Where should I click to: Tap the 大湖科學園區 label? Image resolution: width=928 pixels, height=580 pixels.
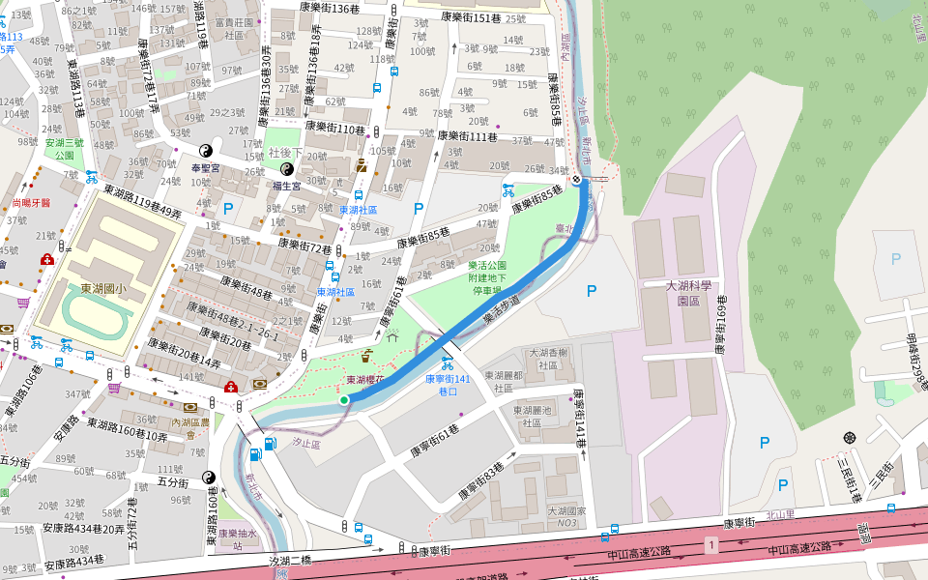point(689,293)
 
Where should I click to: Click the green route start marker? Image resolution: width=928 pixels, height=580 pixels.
point(344,399)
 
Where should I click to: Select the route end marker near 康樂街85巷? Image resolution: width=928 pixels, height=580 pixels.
point(577,179)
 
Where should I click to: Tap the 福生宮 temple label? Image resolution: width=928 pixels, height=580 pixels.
point(287,185)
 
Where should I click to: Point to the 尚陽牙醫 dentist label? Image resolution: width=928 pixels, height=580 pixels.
point(30,203)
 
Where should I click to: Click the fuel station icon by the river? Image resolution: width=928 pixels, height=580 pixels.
point(255,454)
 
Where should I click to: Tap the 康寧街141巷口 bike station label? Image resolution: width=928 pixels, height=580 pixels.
point(447,386)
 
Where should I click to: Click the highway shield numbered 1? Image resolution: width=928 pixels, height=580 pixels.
point(712,547)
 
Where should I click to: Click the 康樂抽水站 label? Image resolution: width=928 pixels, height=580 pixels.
point(237,538)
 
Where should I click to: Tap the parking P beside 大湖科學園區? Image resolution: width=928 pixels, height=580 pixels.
point(592,290)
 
